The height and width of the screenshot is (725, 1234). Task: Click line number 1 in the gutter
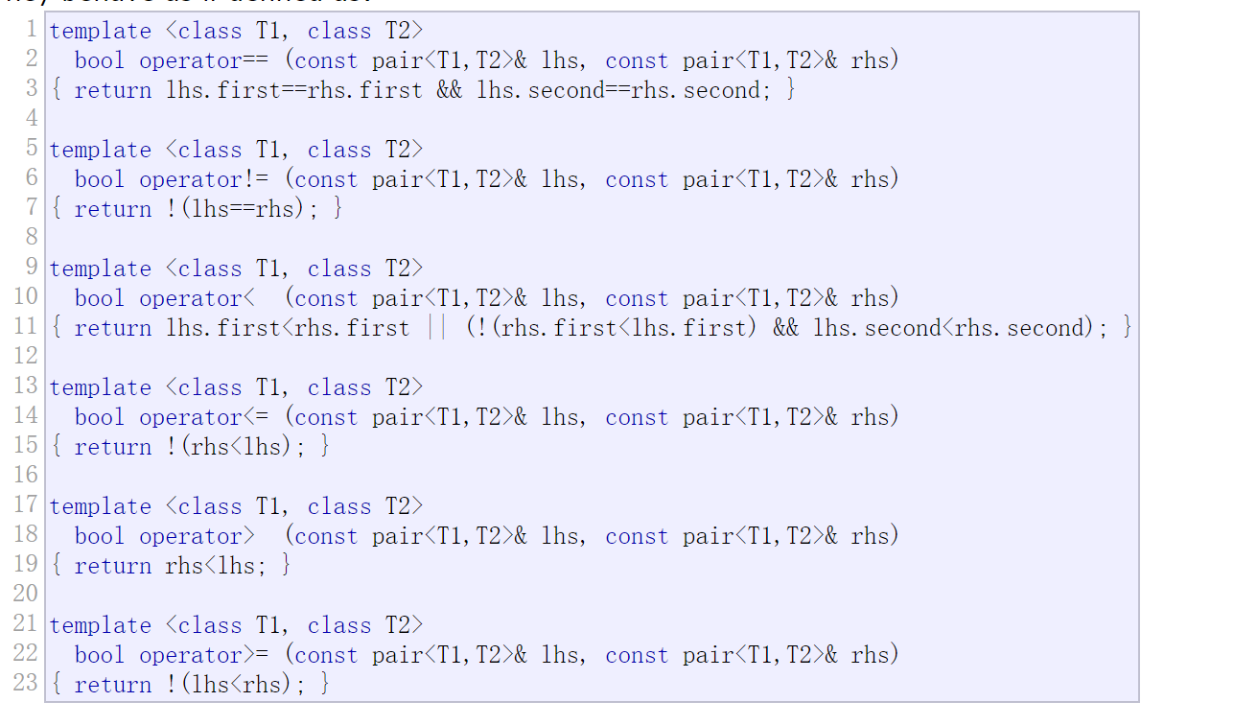(x=32, y=30)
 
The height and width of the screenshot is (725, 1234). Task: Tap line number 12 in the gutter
(x=26, y=356)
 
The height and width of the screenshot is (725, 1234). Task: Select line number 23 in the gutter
(x=26, y=683)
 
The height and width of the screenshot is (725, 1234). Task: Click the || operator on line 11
(x=437, y=328)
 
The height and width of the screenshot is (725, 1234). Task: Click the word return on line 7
(x=113, y=209)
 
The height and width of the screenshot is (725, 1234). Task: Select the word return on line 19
(x=113, y=566)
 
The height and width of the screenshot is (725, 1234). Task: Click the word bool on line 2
(x=100, y=60)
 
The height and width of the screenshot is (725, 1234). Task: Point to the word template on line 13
(x=101, y=387)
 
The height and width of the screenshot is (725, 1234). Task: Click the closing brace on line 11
(x=1127, y=328)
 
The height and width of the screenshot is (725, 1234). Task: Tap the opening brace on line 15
(x=56, y=447)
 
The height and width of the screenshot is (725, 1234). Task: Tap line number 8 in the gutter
(x=32, y=237)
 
